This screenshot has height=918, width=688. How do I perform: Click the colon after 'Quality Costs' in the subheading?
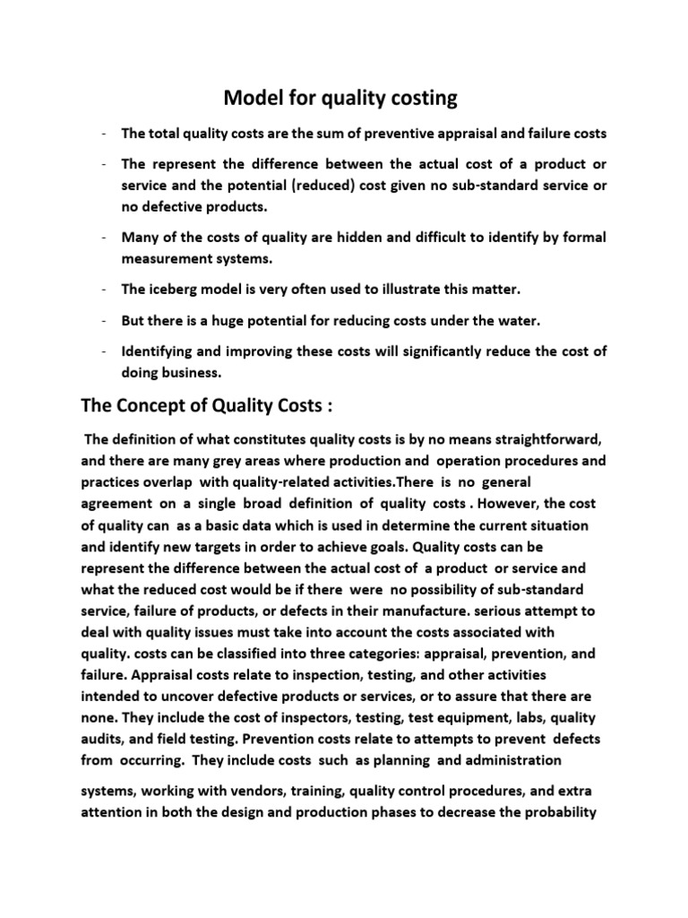click(x=330, y=405)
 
